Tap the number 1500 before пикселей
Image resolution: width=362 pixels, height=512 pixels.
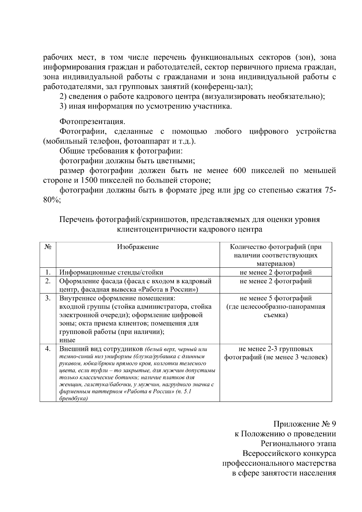(88, 180)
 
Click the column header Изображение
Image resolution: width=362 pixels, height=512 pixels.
(138, 247)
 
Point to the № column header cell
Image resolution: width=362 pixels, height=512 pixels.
(48, 247)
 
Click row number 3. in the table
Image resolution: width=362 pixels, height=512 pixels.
(48, 298)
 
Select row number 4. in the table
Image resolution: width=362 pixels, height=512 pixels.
(48, 349)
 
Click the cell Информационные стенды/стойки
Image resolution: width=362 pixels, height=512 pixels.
(111, 272)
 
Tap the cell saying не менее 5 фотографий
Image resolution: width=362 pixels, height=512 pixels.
(275, 298)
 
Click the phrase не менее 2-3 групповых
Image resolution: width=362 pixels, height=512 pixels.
(275, 349)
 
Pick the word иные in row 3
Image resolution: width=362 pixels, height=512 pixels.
(67, 340)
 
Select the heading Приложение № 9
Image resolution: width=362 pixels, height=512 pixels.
(304, 424)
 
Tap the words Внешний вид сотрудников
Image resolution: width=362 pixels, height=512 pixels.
(101, 349)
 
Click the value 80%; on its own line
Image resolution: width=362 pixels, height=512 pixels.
(52, 200)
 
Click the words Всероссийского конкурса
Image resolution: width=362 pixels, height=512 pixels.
(289, 453)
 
